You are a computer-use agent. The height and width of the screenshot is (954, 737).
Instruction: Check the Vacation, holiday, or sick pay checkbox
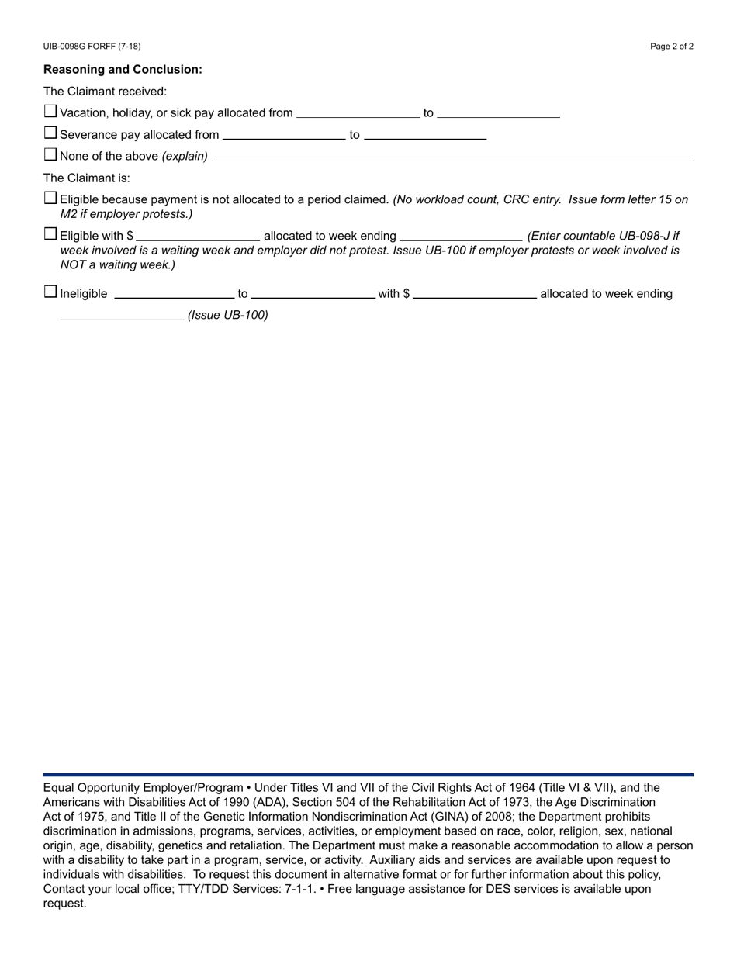[50, 112]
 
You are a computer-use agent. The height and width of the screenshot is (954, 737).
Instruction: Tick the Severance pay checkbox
[50, 133]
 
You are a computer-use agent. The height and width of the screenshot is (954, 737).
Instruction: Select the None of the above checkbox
[50, 155]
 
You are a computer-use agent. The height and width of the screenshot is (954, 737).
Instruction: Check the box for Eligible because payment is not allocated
[50, 199]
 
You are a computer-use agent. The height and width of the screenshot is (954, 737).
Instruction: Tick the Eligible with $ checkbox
[50, 234]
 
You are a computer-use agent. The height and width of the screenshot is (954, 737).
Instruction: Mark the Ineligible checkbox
[50, 292]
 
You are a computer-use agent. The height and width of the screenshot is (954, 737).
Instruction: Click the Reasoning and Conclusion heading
[123, 70]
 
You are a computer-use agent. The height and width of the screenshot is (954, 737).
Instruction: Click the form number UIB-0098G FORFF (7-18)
[92, 47]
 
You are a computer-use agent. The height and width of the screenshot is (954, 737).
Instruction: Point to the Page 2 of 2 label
[672, 47]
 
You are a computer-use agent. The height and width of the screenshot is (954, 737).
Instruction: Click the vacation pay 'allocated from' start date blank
[358, 112]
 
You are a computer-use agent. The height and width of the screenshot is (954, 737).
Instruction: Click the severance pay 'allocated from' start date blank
[283, 134]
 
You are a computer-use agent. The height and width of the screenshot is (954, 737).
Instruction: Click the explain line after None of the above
[453, 156]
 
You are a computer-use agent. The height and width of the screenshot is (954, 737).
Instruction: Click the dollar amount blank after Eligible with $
[198, 235]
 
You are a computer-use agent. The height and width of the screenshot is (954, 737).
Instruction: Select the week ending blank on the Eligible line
[461, 235]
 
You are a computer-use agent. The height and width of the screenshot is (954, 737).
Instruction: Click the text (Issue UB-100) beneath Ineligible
[228, 315]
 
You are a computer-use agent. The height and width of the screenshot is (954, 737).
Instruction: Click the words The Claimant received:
[105, 92]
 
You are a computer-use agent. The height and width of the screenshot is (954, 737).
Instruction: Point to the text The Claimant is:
[87, 178]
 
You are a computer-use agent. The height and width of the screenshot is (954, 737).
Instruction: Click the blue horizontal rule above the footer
[368, 774]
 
